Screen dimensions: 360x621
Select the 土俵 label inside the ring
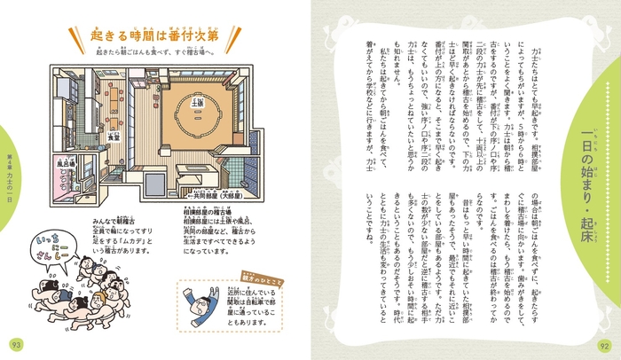coord(199,105)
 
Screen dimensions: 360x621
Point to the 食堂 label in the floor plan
coord(113,138)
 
